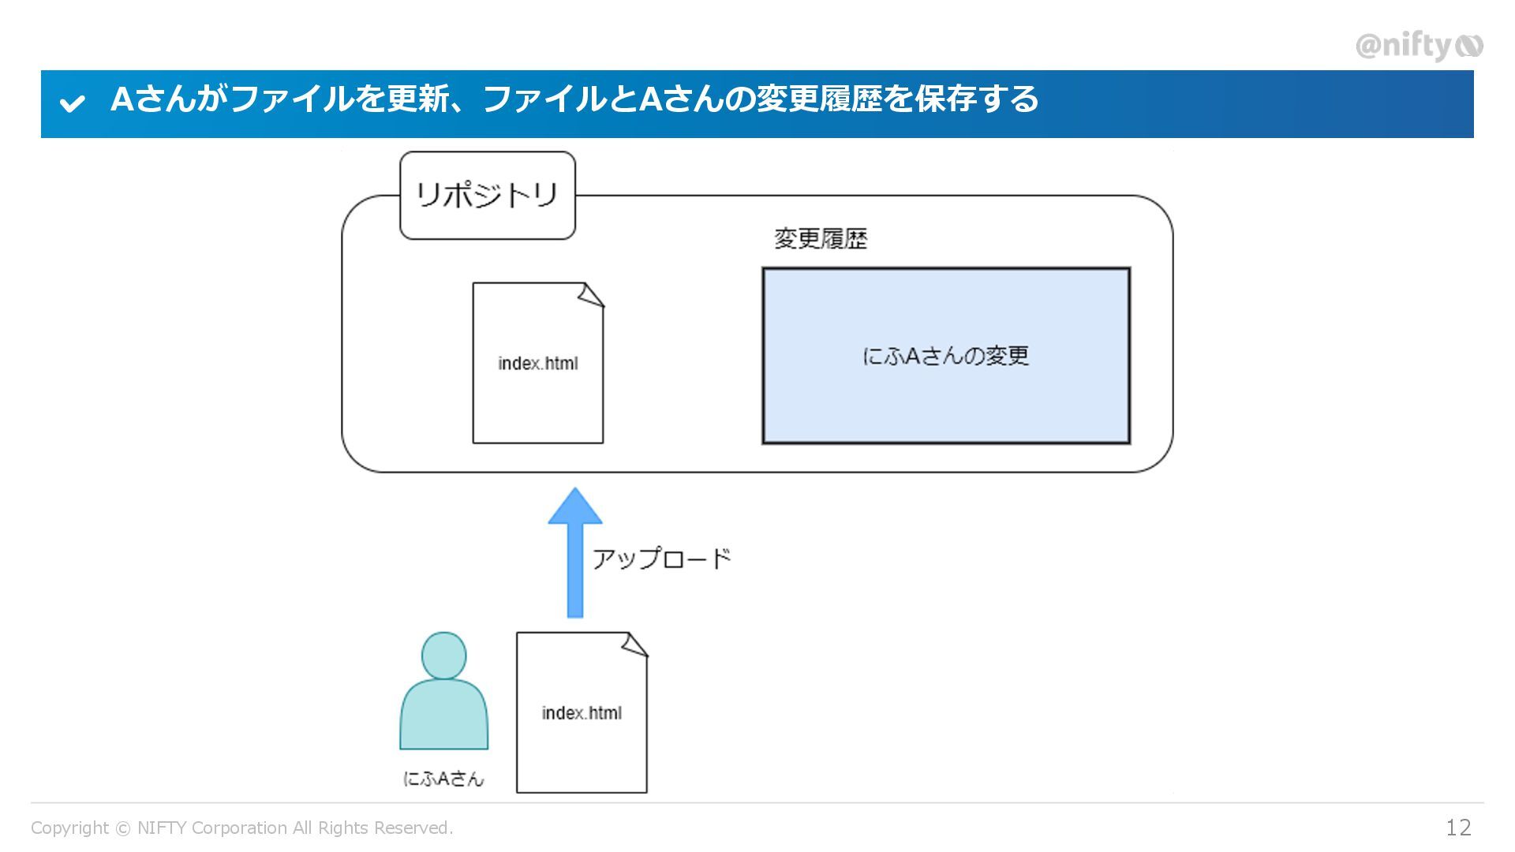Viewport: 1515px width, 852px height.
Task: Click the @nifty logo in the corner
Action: (x=1418, y=46)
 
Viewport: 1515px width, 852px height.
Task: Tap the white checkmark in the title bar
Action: (x=73, y=103)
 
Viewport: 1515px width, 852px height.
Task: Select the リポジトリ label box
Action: (x=488, y=195)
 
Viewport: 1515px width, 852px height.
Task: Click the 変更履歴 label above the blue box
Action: (x=821, y=238)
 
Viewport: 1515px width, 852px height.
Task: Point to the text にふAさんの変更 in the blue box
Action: (x=945, y=356)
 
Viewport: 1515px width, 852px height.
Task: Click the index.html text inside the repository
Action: (x=537, y=364)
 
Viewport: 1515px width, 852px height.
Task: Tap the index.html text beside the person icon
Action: (x=582, y=713)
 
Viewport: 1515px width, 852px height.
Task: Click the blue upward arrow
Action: (x=575, y=552)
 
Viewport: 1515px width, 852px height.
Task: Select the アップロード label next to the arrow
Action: (x=661, y=559)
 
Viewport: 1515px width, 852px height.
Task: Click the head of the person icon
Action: (x=443, y=655)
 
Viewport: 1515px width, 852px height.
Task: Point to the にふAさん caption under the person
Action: (x=443, y=779)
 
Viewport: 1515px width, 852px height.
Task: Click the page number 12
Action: (x=1458, y=827)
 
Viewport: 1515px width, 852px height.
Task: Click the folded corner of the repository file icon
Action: (x=592, y=294)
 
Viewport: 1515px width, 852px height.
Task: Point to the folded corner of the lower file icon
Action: (x=635, y=644)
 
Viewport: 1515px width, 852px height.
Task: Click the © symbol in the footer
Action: (x=123, y=828)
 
